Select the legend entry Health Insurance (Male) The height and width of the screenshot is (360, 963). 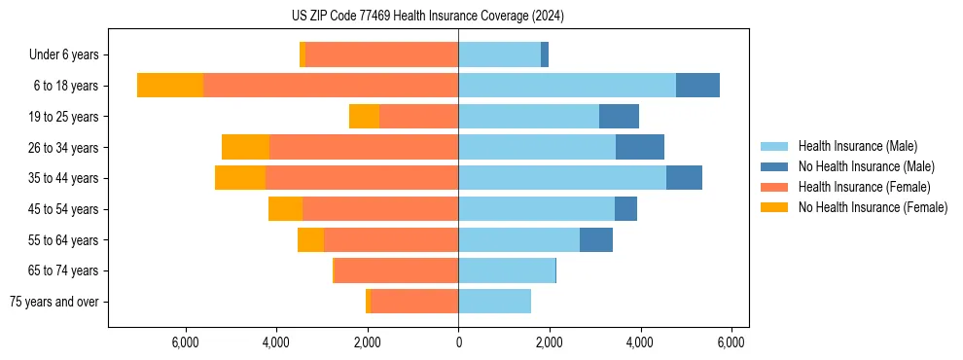pyautogui.click(x=857, y=146)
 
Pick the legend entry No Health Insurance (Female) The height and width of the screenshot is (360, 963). pyautogui.click(x=873, y=207)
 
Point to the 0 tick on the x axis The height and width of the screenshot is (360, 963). pyautogui.click(x=458, y=342)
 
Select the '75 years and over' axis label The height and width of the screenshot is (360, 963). pyautogui.click(x=54, y=302)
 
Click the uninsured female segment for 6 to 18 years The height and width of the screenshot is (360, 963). pyautogui.click(x=170, y=86)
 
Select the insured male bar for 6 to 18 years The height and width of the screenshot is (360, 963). pyautogui.click(x=567, y=86)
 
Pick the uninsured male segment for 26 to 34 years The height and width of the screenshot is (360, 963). pyautogui.click(x=640, y=147)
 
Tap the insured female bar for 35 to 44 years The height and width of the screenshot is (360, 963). pyautogui.click(x=362, y=178)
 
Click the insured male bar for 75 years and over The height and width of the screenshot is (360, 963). pyautogui.click(x=494, y=302)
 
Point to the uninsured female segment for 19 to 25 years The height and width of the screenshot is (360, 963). pyautogui.click(x=364, y=117)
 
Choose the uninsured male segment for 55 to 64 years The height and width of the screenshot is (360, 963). pyautogui.click(x=596, y=239)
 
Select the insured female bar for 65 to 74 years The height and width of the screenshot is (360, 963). pyautogui.click(x=396, y=270)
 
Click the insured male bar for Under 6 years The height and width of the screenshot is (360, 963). pyautogui.click(x=499, y=54)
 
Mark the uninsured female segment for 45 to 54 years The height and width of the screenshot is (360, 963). pyautogui.click(x=285, y=209)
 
